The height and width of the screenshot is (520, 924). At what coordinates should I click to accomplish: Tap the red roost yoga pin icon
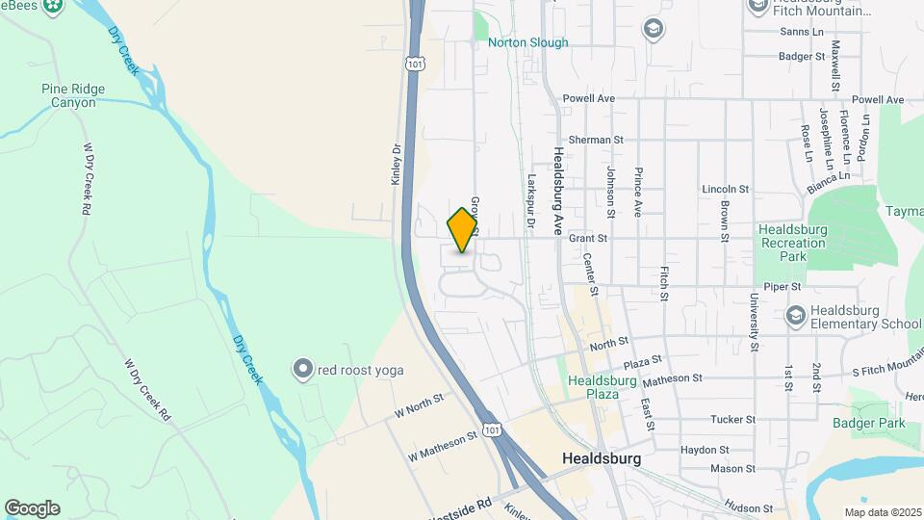pyautogui.click(x=303, y=370)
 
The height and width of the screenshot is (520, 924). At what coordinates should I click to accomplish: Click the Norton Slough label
pyautogui.click(x=527, y=42)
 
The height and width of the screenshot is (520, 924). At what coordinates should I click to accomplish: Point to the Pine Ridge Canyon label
pyautogui.click(x=73, y=95)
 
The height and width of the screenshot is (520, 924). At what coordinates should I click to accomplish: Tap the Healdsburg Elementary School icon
pyautogui.click(x=796, y=315)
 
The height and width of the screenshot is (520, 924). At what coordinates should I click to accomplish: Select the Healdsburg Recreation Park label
pyautogui.click(x=793, y=243)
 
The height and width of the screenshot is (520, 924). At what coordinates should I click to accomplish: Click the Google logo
pyautogui.click(x=32, y=508)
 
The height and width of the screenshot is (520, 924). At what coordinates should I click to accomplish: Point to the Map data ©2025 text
pyautogui.click(x=882, y=512)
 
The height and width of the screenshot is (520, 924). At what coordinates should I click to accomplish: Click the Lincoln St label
pyautogui.click(x=726, y=189)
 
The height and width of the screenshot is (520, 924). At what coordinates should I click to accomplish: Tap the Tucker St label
pyautogui.click(x=732, y=420)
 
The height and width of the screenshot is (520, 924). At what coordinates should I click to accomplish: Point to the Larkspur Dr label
pyautogui.click(x=530, y=199)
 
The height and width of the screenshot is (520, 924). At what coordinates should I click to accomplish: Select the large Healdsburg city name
pyautogui.click(x=602, y=458)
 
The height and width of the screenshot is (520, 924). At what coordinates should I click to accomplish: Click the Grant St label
pyautogui.click(x=588, y=238)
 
